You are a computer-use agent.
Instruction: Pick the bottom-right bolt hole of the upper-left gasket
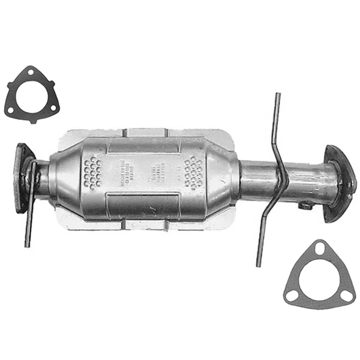click(x=53, y=108)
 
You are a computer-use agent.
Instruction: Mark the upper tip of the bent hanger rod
click(x=278, y=95)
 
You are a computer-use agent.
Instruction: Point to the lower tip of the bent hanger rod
click(x=259, y=263)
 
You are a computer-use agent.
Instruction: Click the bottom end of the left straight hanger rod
click(x=27, y=244)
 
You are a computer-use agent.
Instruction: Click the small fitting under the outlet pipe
click(x=304, y=206)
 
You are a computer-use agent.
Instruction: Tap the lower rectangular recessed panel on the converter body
click(x=142, y=205)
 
